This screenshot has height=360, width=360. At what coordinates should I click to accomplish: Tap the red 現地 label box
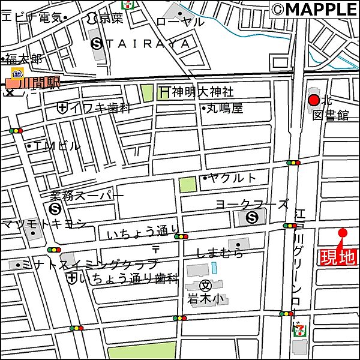point(337,257)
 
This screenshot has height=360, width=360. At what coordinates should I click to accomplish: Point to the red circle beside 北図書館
point(313,101)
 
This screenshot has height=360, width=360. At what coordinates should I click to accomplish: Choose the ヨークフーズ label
point(252,204)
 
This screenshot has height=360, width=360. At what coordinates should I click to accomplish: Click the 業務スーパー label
point(86,196)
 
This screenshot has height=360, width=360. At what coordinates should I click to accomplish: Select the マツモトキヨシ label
point(43,224)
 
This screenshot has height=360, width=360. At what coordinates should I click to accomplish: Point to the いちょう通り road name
point(143,233)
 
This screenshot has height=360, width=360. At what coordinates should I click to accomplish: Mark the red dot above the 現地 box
point(343,233)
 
